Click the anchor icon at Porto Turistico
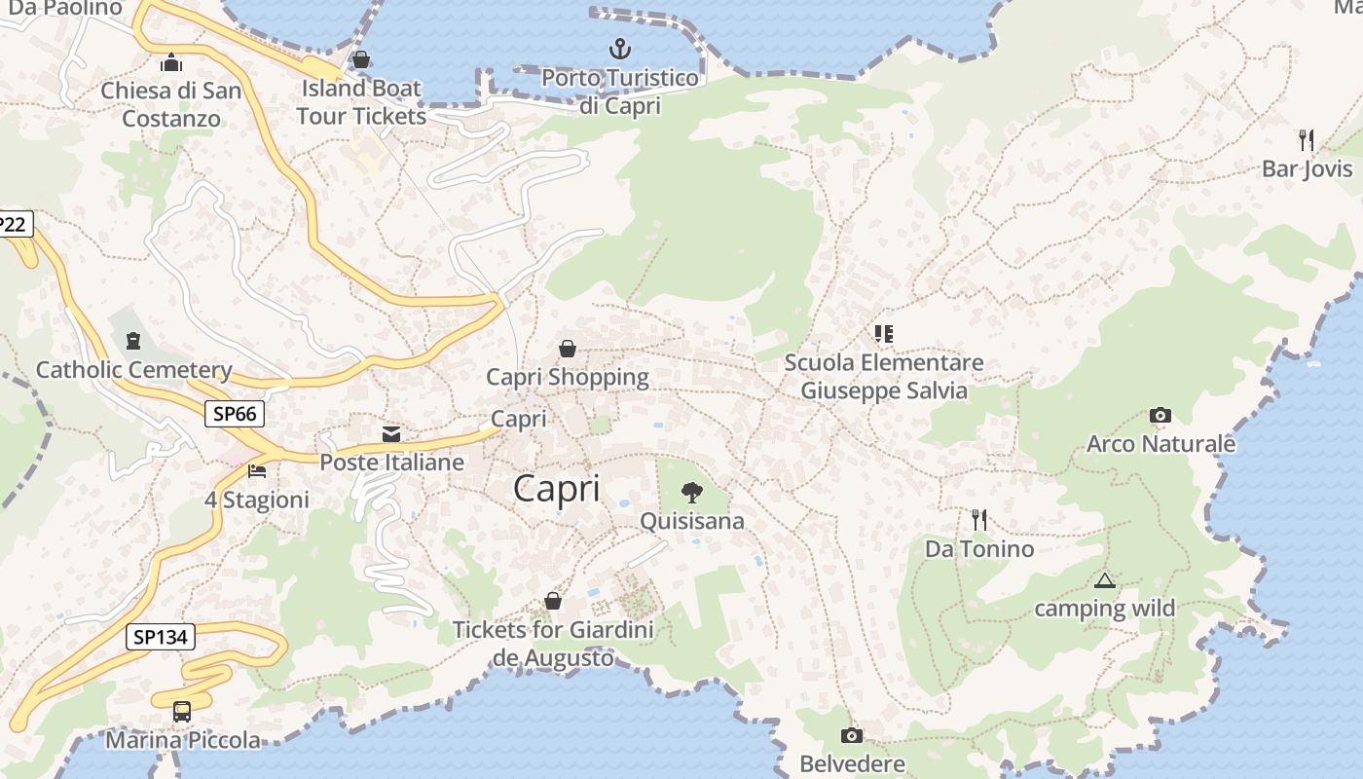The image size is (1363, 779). [619, 48]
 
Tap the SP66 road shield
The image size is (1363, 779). [235, 414]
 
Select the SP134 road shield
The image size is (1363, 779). [161, 638]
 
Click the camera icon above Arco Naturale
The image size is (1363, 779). [1160, 416]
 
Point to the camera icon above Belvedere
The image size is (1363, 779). [852, 735]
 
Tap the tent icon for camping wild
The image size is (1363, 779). [1104, 581]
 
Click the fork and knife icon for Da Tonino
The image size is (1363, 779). [979, 520]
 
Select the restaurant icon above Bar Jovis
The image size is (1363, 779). [1307, 140]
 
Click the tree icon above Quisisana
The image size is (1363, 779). [691, 492]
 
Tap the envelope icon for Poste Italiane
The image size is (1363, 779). [391, 433]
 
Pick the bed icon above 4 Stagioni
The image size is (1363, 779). [257, 471]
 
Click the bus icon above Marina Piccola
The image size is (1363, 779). [182, 711]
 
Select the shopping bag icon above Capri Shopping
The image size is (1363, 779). [567, 349]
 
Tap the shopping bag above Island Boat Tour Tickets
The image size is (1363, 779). [361, 59]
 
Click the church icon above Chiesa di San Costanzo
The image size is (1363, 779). [171, 62]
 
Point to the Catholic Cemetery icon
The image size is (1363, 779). [132, 341]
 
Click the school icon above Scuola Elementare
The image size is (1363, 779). [883, 334]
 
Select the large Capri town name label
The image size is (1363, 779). [557, 488]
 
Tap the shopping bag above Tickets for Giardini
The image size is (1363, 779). [553, 601]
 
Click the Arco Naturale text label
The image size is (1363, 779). [1160, 445]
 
